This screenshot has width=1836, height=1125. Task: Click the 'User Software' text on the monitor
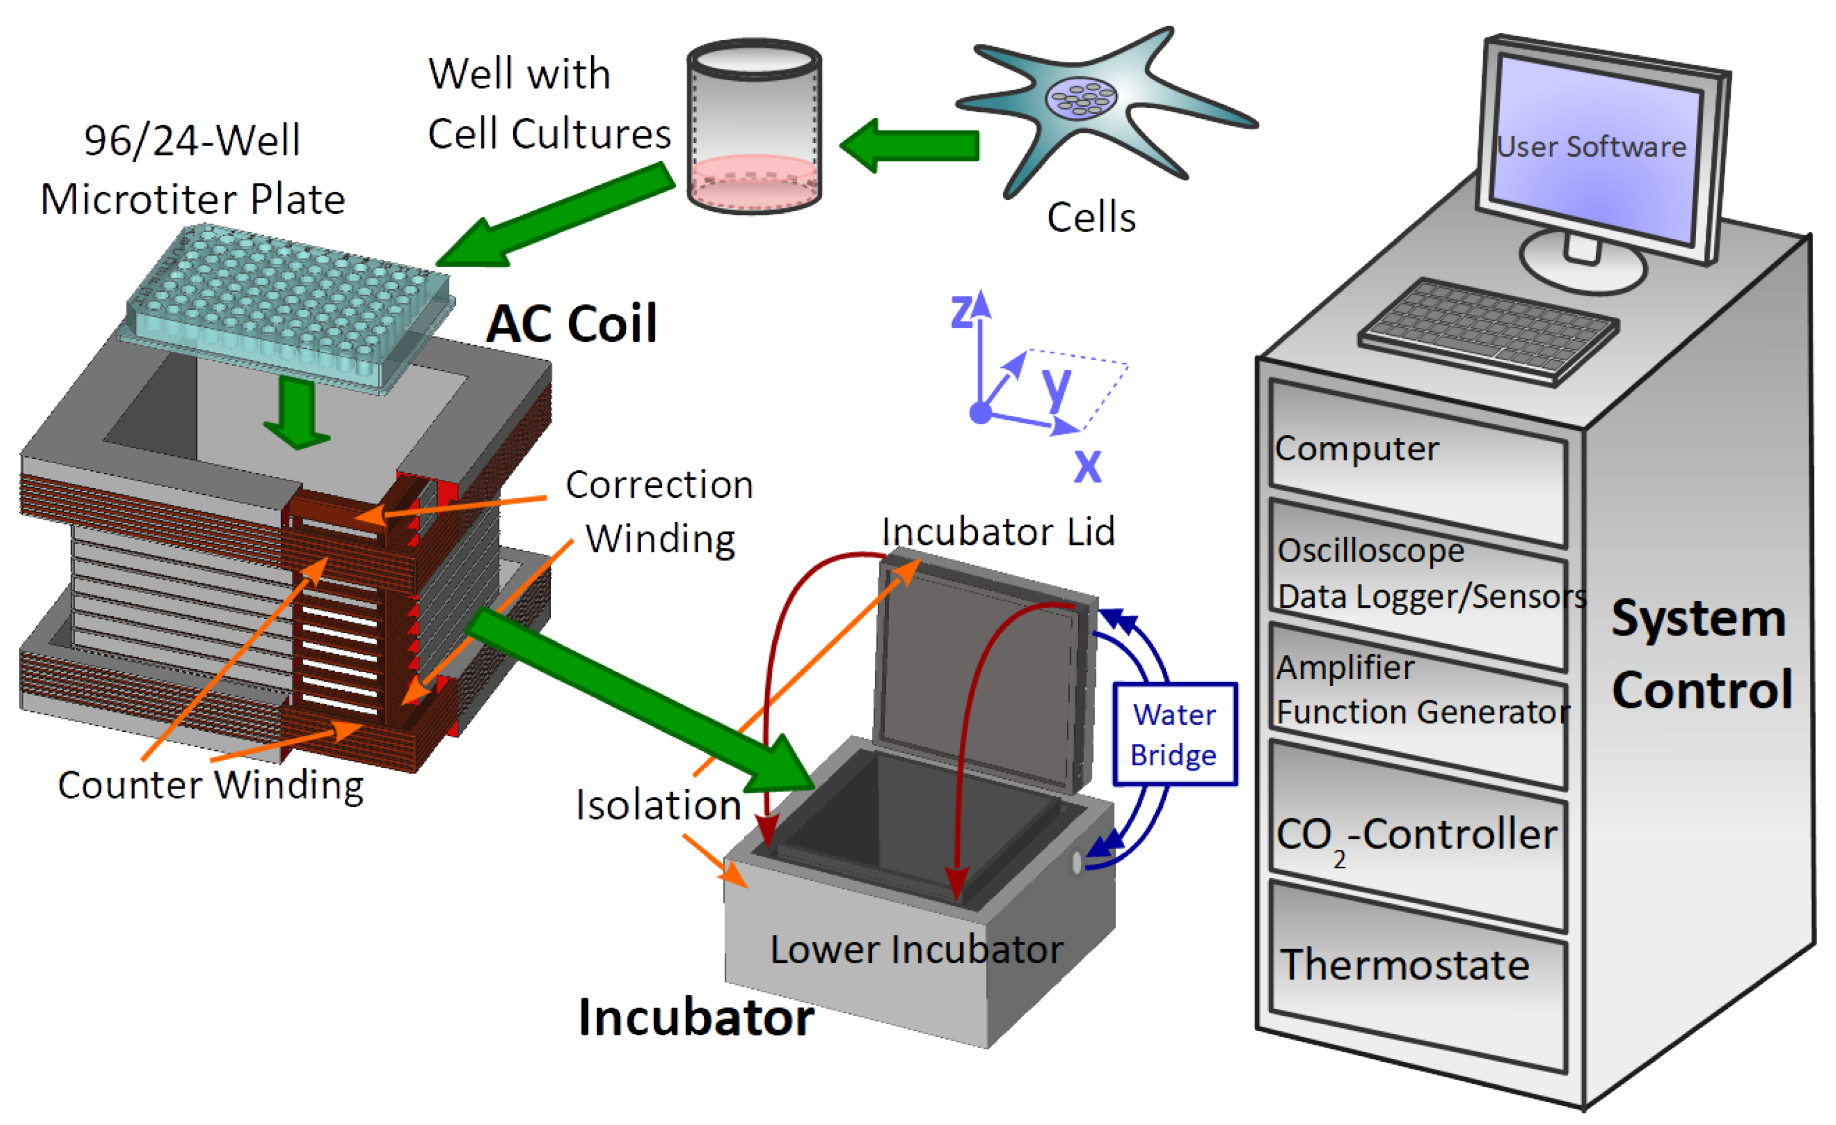[1590, 147]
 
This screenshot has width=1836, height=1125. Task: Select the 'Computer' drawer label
[1356, 449]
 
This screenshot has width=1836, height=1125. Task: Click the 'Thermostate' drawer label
[1405, 966]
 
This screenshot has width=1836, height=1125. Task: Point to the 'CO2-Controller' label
[1416, 835]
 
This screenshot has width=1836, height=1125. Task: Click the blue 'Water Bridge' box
[1174, 735]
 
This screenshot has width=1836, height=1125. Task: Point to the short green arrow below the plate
[296, 414]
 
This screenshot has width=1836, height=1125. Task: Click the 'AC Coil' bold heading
[572, 324]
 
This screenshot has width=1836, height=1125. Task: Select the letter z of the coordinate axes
[961, 311]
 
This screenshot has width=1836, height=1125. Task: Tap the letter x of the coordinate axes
[1087, 465]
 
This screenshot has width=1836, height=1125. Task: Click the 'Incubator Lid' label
[998, 532]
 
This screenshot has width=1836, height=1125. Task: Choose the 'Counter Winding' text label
[211, 785]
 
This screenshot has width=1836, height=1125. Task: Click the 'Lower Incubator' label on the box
[916, 950]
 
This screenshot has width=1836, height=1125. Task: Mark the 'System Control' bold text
[1701, 654]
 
